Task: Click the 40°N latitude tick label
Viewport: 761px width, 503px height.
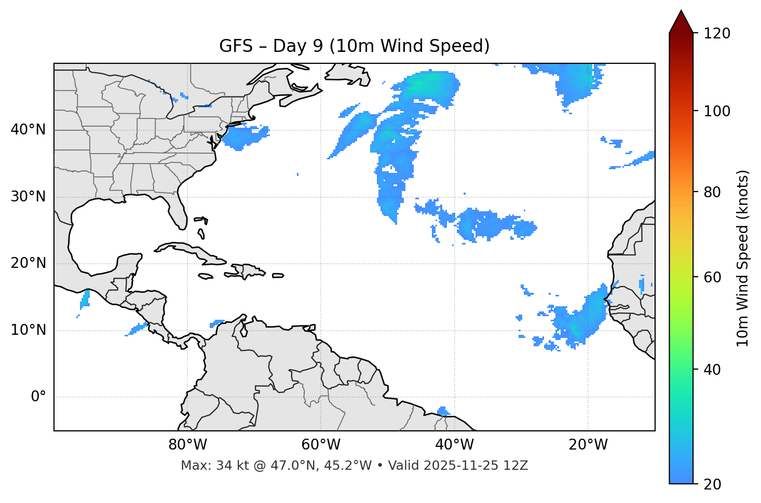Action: (28, 129)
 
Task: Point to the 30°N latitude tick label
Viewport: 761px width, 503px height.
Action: (28, 197)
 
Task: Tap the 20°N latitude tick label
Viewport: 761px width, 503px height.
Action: (28, 263)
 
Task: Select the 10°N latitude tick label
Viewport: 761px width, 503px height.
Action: (28, 330)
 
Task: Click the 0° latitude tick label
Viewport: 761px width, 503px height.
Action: (38, 397)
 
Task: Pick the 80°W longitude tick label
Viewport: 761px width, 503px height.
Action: (187, 445)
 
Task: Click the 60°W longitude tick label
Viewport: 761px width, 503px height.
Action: (321, 445)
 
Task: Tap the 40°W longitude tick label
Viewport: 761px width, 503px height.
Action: (454, 445)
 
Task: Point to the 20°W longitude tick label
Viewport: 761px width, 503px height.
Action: (588, 445)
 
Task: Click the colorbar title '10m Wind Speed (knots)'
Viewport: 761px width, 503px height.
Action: (743, 258)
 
